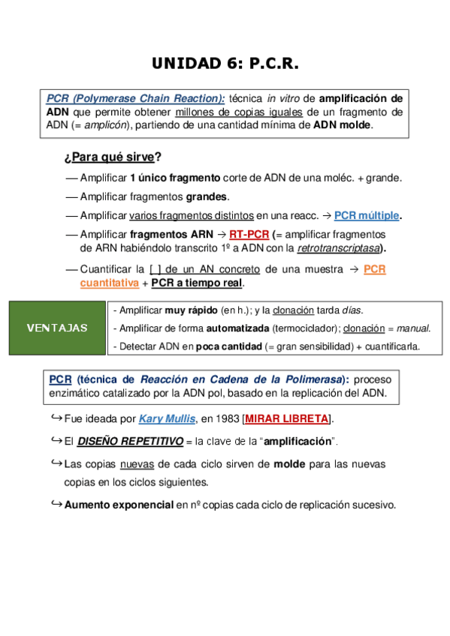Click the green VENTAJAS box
click(x=56, y=328)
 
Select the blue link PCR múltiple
click(x=367, y=215)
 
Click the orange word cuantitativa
click(x=110, y=283)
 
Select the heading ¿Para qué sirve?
click(x=113, y=157)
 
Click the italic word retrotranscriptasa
click(x=338, y=248)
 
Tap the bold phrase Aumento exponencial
click(x=119, y=505)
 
